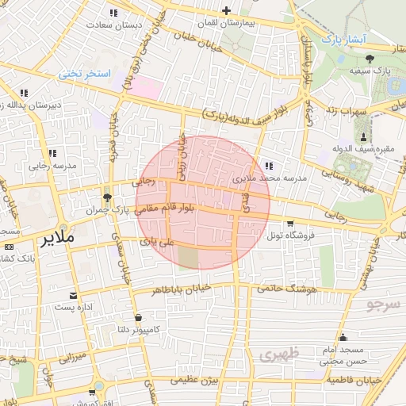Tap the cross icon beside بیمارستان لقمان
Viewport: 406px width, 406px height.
(227, 10)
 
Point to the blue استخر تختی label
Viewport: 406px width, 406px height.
(82, 74)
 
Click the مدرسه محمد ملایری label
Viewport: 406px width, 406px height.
(268, 180)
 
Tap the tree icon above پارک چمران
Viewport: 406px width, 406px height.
(107, 197)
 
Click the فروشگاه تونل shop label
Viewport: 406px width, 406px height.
(290, 236)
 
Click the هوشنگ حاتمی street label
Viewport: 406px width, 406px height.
(286, 289)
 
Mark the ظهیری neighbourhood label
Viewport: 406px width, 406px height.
(279, 354)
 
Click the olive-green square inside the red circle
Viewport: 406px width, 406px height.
(189, 258)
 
